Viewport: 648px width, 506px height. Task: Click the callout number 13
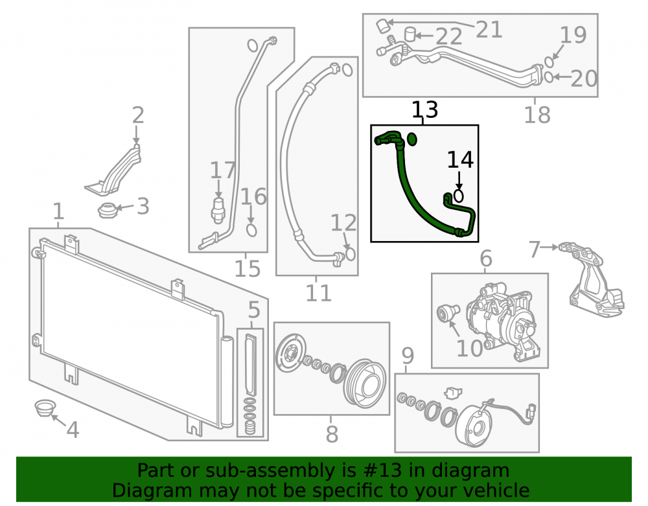(x=424, y=109)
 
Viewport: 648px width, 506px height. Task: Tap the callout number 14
(x=460, y=159)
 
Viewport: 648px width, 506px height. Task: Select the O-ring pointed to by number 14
(x=458, y=196)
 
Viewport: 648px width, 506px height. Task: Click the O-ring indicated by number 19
(x=549, y=62)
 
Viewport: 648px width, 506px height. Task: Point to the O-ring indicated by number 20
(x=549, y=77)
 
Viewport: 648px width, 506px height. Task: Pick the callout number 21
(x=489, y=29)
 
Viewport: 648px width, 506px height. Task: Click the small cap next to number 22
(x=410, y=34)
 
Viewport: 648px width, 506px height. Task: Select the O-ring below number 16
(x=251, y=229)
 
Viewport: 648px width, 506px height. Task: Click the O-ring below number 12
(x=350, y=253)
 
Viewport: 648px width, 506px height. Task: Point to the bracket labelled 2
(x=116, y=172)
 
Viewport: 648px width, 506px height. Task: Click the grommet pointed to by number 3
(x=107, y=211)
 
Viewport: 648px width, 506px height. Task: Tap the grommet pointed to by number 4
(x=44, y=408)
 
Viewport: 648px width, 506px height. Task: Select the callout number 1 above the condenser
(x=59, y=211)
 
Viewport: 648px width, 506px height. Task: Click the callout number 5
(x=254, y=310)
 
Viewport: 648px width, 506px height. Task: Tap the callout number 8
(x=332, y=433)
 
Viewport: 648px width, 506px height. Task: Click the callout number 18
(x=537, y=115)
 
